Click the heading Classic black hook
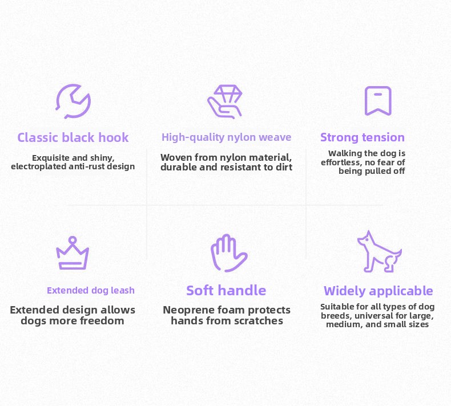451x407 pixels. [x=73, y=137]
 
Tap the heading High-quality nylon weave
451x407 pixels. [x=227, y=137]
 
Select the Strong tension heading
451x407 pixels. [x=363, y=137]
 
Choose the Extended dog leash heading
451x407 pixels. [x=91, y=290]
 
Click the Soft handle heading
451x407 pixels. [x=226, y=290]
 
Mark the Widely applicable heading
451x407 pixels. [x=378, y=291]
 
